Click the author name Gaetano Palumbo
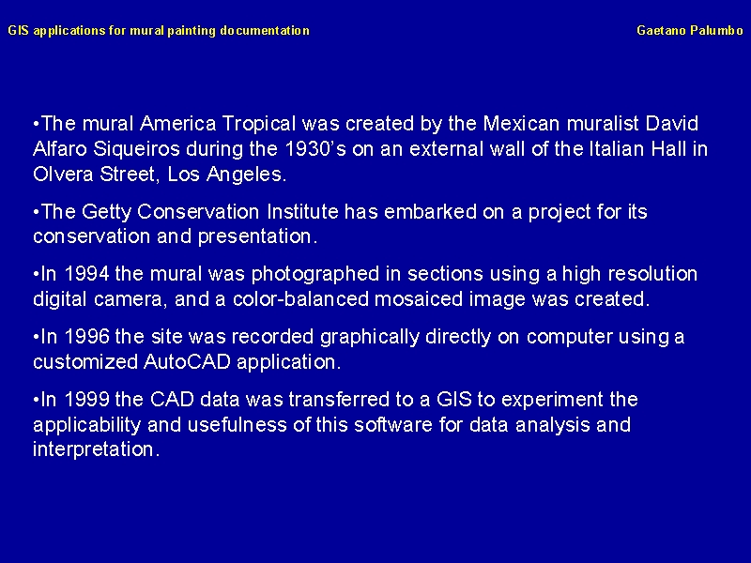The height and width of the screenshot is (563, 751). point(690,31)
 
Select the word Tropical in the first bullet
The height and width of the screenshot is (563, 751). point(259,125)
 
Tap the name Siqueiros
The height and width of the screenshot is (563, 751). point(136,149)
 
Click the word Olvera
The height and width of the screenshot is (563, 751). point(63,174)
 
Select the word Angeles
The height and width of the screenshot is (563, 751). point(246,175)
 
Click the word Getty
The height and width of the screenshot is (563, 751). point(106,212)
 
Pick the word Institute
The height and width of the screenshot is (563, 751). point(302,212)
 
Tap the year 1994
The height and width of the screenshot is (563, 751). point(86,274)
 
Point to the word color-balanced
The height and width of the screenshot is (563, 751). point(300,299)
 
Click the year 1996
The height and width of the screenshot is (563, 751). point(86,337)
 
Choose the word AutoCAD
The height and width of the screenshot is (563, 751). point(187,362)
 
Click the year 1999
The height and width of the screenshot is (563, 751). point(86,400)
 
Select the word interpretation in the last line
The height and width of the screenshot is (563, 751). point(96,450)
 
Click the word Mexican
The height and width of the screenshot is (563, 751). point(522,124)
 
